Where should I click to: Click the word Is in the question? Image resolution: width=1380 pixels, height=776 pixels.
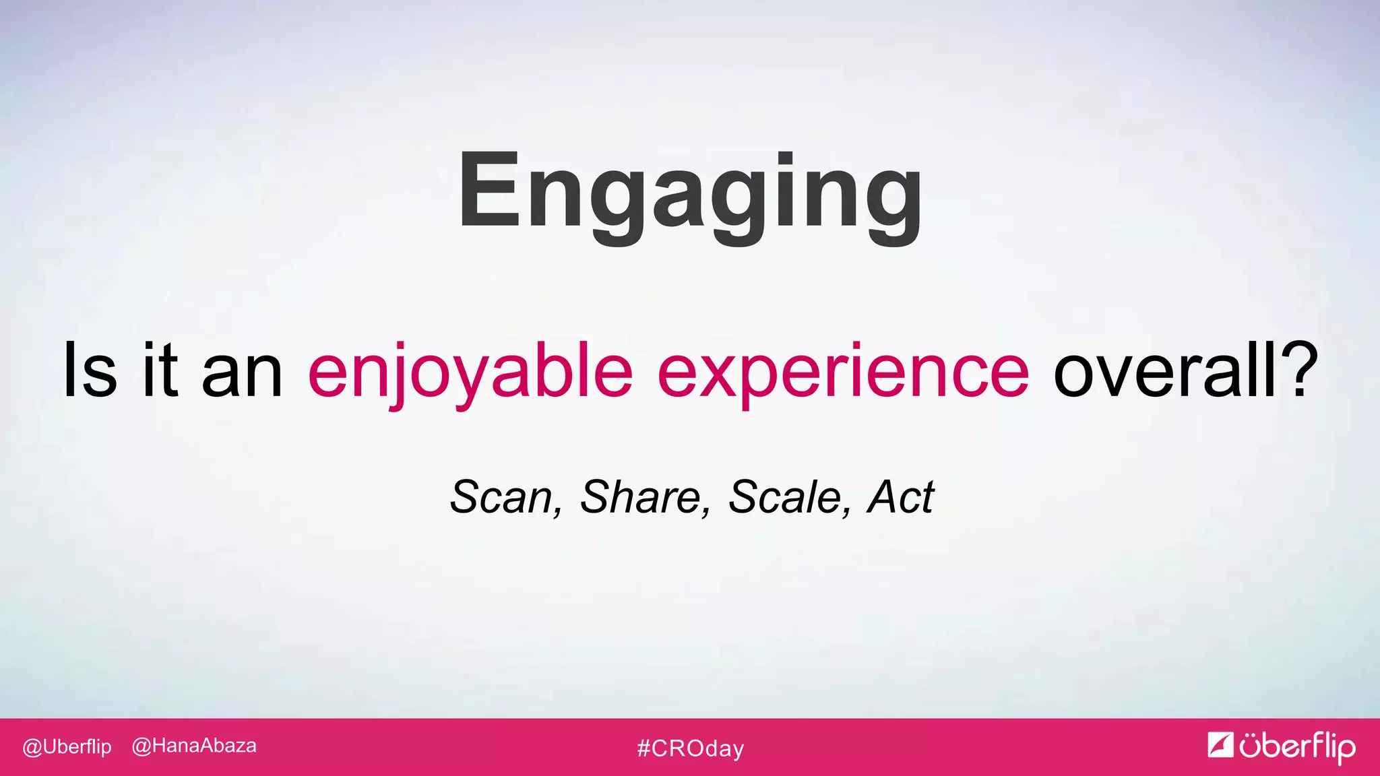(x=90, y=370)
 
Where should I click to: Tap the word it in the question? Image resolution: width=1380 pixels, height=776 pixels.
(x=160, y=370)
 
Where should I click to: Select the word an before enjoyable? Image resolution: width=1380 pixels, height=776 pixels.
(x=243, y=374)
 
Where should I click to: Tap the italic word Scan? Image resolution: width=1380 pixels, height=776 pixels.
(x=500, y=497)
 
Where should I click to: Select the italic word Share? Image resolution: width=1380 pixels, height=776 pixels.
(x=639, y=497)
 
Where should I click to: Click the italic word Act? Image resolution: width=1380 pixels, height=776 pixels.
(x=901, y=497)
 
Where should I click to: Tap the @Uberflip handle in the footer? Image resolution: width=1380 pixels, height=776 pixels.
(x=67, y=746)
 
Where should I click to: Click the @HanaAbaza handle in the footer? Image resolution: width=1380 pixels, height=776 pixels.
(x=194, y=746)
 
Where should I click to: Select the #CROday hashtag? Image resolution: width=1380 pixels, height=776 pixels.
(x=691, y=748)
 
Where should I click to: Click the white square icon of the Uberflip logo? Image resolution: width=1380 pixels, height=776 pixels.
(x=1220, y=744)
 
